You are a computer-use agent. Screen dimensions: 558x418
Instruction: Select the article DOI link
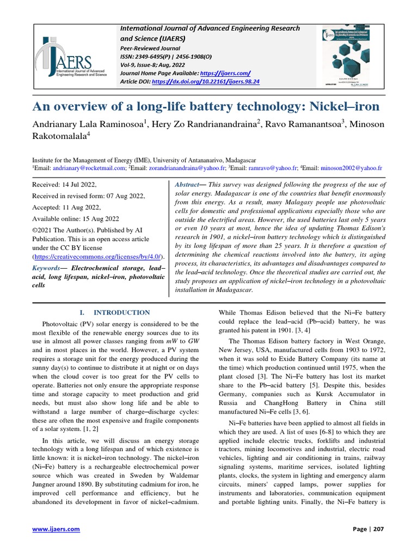207,81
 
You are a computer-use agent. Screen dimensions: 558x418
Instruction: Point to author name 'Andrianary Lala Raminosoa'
88,125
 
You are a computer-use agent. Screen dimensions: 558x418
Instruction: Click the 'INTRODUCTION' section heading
121,312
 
